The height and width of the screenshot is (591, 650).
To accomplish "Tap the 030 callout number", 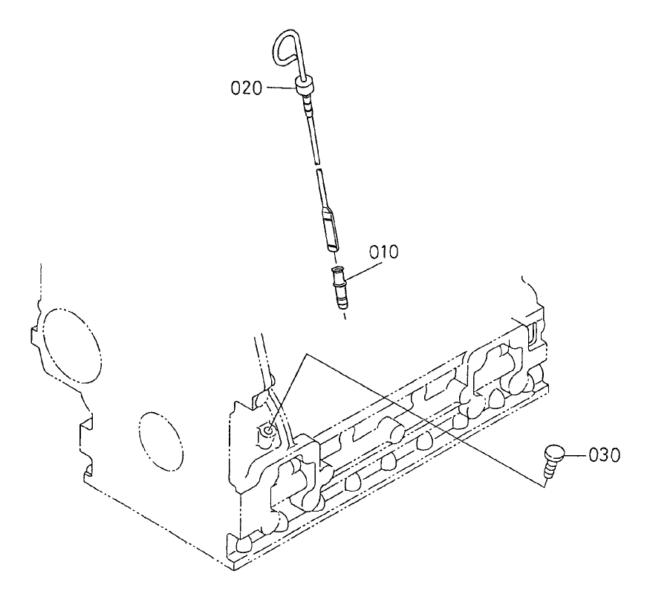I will tap(604, 454).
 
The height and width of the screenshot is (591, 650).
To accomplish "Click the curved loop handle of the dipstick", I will tap(286, 49).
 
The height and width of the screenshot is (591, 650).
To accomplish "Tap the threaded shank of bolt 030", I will tap(550, 469).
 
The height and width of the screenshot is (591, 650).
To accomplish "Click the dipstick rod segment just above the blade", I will tap(322, 189).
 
